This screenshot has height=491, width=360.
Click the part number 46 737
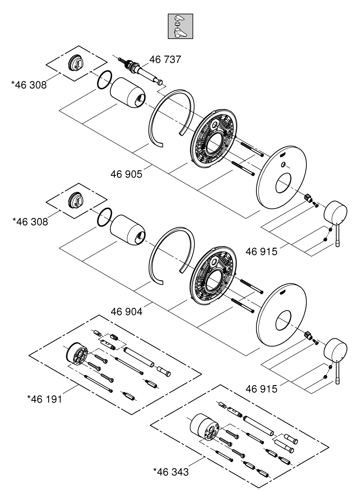pos(165,60)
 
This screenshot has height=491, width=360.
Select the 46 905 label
pos(126,174)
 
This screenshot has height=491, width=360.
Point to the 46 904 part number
pos(127,312)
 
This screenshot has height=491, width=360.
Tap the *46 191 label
pos(45,399)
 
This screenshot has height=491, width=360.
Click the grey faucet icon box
pos(180,26)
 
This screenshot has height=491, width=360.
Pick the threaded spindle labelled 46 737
pos(140,70)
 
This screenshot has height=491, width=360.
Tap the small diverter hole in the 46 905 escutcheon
pos(283,165)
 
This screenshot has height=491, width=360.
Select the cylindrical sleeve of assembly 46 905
pos(127,93)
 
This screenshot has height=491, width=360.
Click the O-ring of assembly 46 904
pos(105,217)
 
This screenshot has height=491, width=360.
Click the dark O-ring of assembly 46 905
pos(105,80)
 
